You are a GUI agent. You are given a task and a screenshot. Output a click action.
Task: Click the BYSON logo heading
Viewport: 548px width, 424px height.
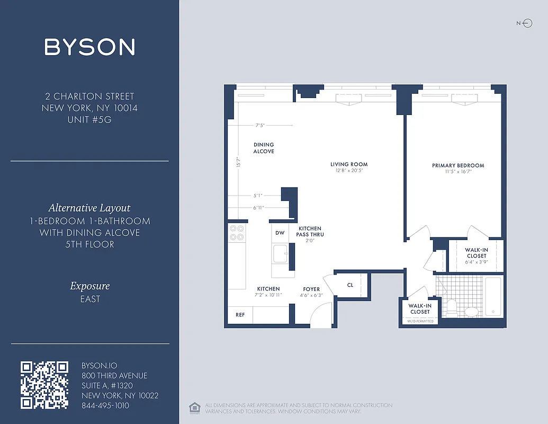(x=89, y=47)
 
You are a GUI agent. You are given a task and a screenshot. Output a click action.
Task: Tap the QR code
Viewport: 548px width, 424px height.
(x=44, y=385)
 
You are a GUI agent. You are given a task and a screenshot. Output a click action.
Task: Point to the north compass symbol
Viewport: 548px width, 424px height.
(x=525, y=23)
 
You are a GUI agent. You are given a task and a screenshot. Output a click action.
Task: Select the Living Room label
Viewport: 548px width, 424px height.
(x=349, y=164)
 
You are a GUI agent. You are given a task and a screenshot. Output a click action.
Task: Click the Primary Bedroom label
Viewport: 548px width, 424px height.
(x=458, y=165)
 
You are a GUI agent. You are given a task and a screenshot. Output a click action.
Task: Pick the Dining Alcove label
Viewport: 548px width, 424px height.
(x=264, y=148)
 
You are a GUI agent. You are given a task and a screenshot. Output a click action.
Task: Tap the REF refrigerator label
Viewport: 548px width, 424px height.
(x=240, y=315)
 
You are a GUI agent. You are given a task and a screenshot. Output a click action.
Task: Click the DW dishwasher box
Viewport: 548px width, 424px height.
(x=280, y=233)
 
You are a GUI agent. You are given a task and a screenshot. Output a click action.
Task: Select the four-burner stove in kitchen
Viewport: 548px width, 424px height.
(x=236, y=233)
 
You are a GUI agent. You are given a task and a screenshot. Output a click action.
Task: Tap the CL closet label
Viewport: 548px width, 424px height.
(x=350, y=285)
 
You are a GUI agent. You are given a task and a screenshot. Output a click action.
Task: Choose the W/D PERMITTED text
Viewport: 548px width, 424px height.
(x=420, y=321)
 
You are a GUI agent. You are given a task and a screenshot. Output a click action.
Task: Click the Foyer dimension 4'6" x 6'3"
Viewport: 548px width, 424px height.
(x=311, y=295)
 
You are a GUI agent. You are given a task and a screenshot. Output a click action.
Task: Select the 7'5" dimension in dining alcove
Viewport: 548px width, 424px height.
(x=260, y=126)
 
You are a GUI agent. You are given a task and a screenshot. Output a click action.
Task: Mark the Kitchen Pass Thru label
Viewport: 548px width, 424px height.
(x=310, y=231)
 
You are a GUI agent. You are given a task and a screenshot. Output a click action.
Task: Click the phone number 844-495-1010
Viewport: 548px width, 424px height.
(x=105, y=405)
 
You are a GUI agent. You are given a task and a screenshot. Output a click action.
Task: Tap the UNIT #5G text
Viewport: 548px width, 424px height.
(x=89, y=119)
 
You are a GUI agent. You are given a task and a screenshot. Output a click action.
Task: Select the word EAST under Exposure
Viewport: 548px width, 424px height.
(x=90, y=299)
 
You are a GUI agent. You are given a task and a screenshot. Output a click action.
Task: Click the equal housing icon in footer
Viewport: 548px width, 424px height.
(x=193, y=407)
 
